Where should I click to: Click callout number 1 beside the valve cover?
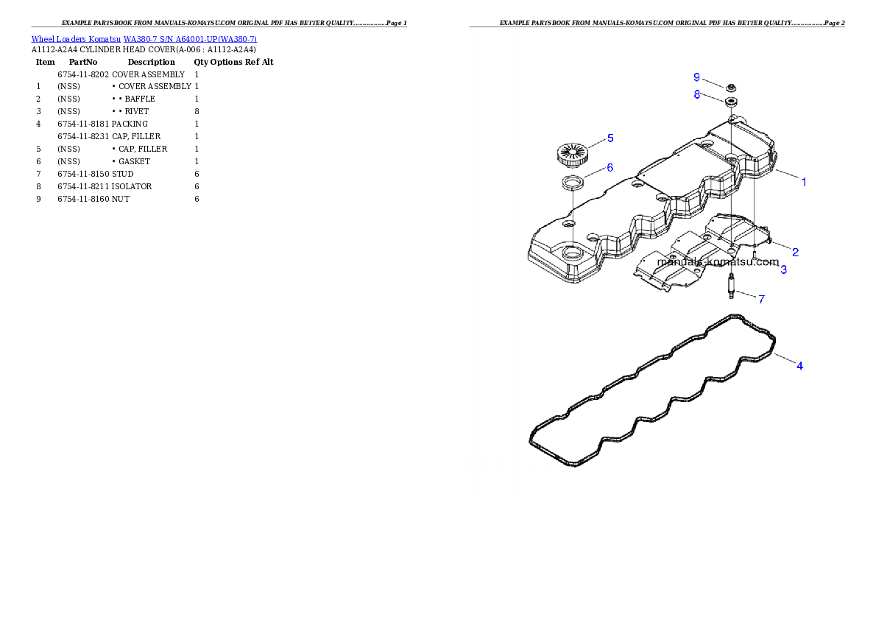(804, 182)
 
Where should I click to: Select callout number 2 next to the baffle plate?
(795, 252)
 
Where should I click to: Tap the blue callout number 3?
(783, 270)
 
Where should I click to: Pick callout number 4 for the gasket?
(800, 365)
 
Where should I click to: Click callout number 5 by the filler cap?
(610, 138)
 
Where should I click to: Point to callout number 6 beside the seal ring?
(610, 168)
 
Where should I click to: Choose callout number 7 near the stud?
(762, 299)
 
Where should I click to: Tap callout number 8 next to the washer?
(696, 94)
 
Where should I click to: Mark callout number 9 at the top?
(696, 77)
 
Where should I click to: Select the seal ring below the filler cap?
(573, 183)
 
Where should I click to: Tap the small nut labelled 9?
(732, 88)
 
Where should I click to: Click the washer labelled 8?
(732, 102)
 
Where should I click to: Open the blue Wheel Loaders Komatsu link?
(144, 39)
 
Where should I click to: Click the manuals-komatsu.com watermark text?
(718, 262)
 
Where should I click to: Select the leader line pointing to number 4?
(784, 359)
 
